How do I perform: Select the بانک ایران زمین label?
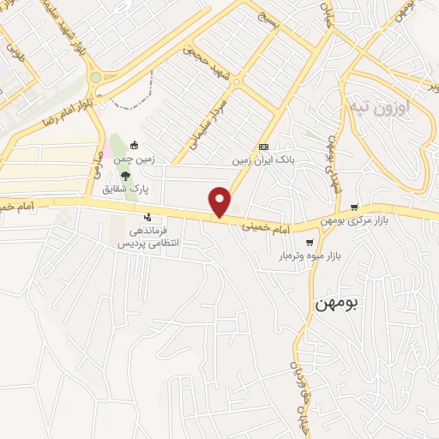[262, 159]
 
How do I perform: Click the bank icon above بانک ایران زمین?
[263, 147]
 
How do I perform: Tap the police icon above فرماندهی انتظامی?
[149, 217]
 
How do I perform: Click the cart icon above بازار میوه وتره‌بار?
[309, 243]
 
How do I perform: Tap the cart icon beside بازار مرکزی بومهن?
[354, 207]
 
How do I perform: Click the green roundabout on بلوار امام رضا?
[95, 77]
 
